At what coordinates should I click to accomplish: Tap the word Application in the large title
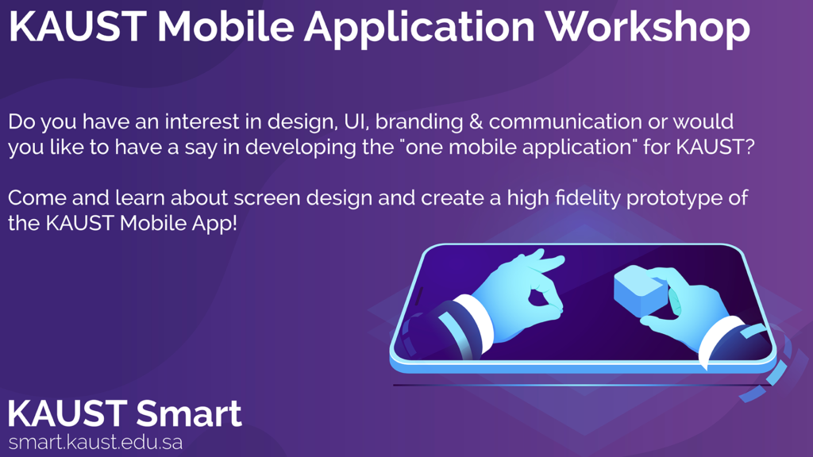[419, 27]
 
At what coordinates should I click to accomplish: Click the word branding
[419, 121]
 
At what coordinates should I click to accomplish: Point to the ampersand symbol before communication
[476, 121]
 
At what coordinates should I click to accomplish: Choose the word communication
[565, 121]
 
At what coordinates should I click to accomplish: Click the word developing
[301, 147]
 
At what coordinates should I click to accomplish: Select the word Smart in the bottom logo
[189, 413]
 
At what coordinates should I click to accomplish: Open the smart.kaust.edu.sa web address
[95, 443]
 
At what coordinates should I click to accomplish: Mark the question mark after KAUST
[747, 147]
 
